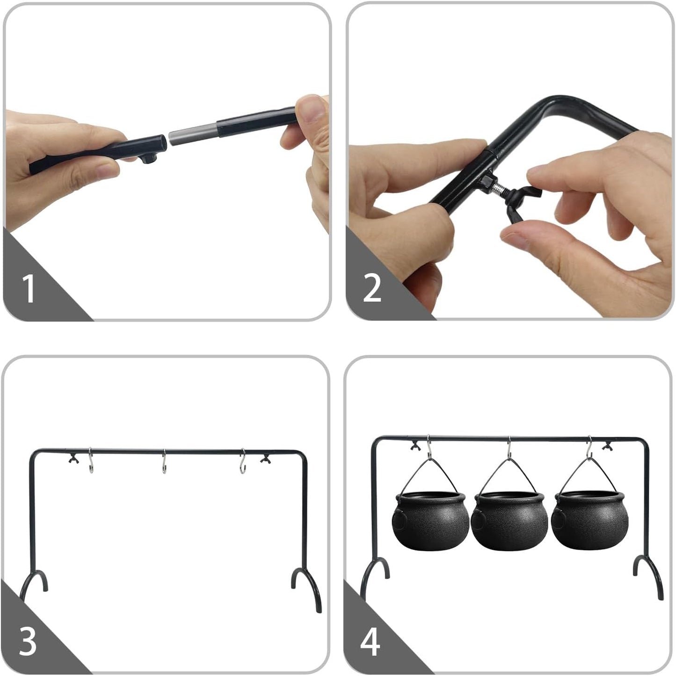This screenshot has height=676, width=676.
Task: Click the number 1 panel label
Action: pyautogui.click(x=29, y=288)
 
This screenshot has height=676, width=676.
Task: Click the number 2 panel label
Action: pyautogui.click(x=372, y=288)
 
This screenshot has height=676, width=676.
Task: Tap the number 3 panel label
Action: pyautogui.click(x=28, y=641)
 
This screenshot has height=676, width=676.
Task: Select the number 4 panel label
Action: pyautogui.click(x=370, y=641)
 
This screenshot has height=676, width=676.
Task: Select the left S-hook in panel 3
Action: pyautogui.click(x=91, y=460)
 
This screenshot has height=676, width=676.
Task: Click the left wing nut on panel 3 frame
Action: pyautogui.click(x=74, y=458)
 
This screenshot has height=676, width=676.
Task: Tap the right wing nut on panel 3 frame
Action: pyautogui.click(x=265, y=458)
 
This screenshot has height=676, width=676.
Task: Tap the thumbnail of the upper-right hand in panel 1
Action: pyautogui.click(x=312, y=109)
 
